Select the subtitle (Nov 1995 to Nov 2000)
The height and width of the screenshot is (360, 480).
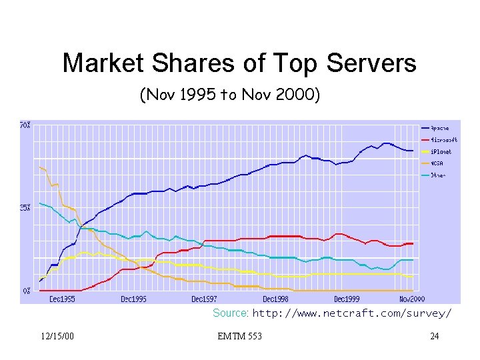[x=230, y=96]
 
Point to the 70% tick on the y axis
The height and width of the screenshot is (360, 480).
[x=25, y=125]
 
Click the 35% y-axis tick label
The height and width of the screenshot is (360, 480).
[x=25, y=208]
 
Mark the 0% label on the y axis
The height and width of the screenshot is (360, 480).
[x=26, y=291]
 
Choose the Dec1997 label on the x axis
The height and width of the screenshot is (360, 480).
[x=204, y=299]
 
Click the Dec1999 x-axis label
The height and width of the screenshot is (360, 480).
[x=347, y=299]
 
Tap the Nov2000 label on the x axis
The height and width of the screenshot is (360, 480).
[x=413, y=299]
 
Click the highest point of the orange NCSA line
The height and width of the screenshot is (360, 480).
[x=40, y=167]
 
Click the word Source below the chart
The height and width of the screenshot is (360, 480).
[x=230, y=313]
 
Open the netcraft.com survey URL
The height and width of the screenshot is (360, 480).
[x=352, y=313]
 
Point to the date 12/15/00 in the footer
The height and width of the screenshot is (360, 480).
[x=57, y=336]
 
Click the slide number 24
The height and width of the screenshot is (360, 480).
[x=435, y=336]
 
